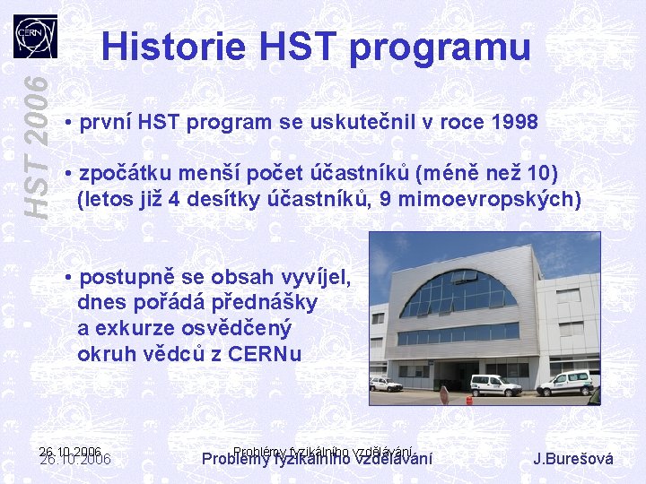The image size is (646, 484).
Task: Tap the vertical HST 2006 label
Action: click(37, 144)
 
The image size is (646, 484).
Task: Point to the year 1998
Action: click(515, 122)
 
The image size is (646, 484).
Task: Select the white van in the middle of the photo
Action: click(495, 385)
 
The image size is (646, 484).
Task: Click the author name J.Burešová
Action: click(573, 459)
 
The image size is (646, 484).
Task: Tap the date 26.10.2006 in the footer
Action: click(75, 458)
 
